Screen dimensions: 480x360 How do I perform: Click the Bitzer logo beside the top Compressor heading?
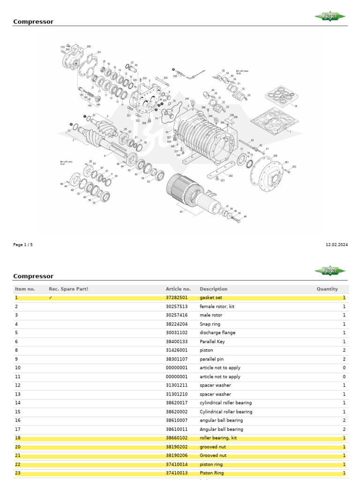click(x=330, y=17)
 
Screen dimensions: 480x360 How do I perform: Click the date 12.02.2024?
click(x=337, y=245)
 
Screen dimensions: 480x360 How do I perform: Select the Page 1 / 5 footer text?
click(x=23, y=245)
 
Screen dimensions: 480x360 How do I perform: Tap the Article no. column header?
click(x=178, y=289)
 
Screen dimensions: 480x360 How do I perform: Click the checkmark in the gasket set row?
click(x=51, y=298)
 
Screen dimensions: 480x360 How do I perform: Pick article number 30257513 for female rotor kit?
click(x=176, y=307)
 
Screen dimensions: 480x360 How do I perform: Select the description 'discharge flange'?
click(x=217, y=333)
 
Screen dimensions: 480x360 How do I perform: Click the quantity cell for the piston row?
click(x=344, y=350)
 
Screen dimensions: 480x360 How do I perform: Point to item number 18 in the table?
click(x=18, y=438)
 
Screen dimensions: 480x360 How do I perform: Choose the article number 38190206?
click(x=176, y=456)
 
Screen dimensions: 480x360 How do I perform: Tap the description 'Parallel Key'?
click(x=212, y=342)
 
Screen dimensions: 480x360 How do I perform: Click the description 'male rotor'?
click(x=211, y=315)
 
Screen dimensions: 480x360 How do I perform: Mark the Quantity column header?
click(x=327, y=289)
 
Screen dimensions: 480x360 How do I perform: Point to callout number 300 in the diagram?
click(x=89, y=47)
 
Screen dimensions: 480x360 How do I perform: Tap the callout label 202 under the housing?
click(x=230, y=176)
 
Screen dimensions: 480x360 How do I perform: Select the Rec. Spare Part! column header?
click(x=68, y=289)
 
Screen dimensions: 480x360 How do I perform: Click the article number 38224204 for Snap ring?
click(x=176, y=324)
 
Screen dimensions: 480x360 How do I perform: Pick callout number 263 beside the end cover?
click(x=294, y=166)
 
